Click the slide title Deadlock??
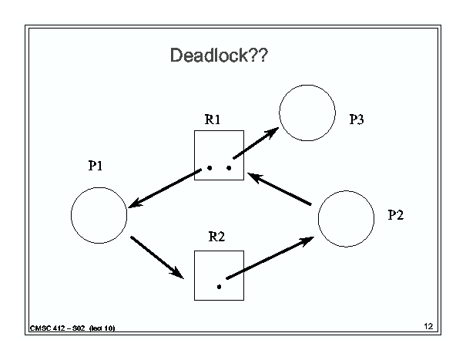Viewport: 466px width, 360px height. [x=219, y=55]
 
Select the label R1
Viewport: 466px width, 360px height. [x=213, y=119]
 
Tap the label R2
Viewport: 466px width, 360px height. [x=216, y=237]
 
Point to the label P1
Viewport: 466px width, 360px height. [x=96, y=166]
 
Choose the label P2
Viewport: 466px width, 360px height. [x=396, y=215]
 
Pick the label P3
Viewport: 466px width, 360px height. [x=357, y=119]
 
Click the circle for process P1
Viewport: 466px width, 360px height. [x=71, y=215]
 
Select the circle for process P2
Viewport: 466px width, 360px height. [x=318, y=219]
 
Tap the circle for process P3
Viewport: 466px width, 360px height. [x=280, y=113]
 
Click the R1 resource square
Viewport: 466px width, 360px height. [x=194, y=155]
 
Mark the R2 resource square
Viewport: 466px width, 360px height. [x=194, y=275]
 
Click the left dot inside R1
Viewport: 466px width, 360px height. [x=210, y=168]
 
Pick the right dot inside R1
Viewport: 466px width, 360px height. [x=229, y=168]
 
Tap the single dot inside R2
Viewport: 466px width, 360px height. [x=219, y=287]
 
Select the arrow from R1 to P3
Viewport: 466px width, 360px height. [x=256, y=143]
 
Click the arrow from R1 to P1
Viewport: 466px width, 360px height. [x=165, y=188]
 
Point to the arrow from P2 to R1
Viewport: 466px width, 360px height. [x=280, y=189]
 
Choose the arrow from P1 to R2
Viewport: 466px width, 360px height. [x=157, y=257]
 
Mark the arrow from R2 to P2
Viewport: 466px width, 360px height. [x=270, y=258]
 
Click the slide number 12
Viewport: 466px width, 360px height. [x=428, y=326]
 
